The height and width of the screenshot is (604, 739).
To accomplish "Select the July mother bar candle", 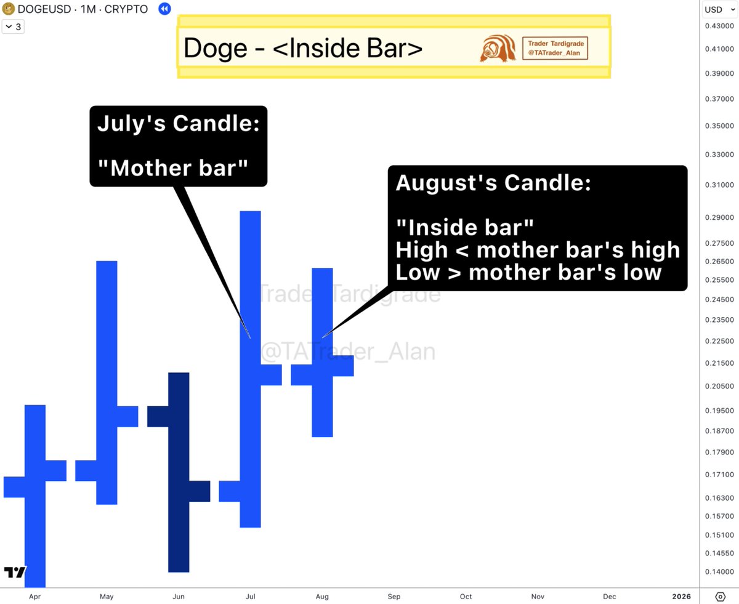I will pos(251,369).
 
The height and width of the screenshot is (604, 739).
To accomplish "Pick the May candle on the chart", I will pos(107,382).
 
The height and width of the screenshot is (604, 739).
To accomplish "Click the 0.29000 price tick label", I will pos(719,217).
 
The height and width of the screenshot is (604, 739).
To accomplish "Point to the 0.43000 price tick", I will pos(719,26).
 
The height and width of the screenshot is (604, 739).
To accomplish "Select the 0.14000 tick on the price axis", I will pos(719,572).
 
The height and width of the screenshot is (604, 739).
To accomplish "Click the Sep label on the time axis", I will pos(394,596).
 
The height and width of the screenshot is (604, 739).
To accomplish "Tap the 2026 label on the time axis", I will pos(681,596).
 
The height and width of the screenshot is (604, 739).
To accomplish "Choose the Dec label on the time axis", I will pos(609,596).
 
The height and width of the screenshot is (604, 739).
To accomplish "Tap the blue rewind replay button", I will pos(164,9).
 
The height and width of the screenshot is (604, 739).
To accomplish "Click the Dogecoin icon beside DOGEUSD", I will pos(9,9).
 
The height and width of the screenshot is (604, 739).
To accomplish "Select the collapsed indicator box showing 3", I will pos(14,26).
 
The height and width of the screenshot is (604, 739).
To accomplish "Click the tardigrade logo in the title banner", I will pos(498,49).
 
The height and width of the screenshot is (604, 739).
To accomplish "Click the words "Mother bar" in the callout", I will pos(172,167).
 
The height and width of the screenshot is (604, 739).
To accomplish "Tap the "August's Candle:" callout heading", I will pos(493,183).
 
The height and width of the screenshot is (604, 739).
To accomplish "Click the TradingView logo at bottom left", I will pos(15,572).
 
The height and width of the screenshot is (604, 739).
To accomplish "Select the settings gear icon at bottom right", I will pos(720,596).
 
